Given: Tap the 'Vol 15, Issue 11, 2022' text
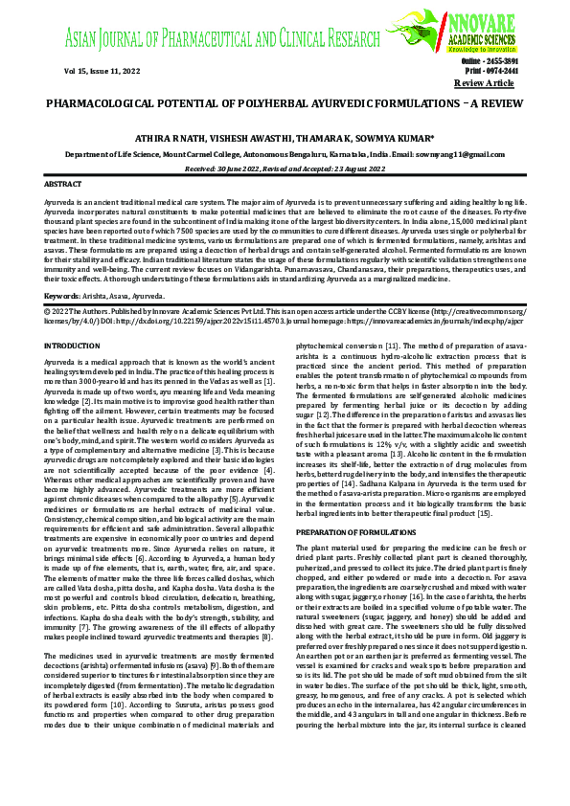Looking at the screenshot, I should (x=82, y=71).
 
